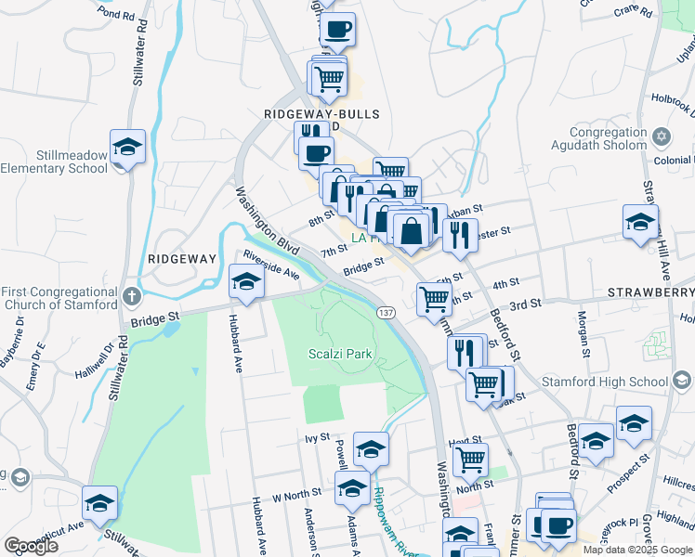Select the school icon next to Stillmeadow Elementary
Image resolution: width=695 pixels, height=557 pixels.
pos(128,148)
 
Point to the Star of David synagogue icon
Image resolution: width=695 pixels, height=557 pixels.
pos(662,137)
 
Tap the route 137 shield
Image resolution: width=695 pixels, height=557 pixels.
pos(387,314)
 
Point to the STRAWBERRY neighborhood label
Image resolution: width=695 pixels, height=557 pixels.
pos(650,292)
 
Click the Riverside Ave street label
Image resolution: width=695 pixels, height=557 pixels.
pos(270,265)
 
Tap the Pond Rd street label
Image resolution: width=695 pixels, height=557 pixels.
pos(115,14)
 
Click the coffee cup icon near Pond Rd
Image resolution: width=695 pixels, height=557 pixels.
pos(337,29)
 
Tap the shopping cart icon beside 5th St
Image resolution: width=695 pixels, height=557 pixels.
pos(434,300)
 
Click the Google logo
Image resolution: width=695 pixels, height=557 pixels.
pos(32,545)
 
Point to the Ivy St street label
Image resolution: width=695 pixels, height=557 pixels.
pos(317,436)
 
